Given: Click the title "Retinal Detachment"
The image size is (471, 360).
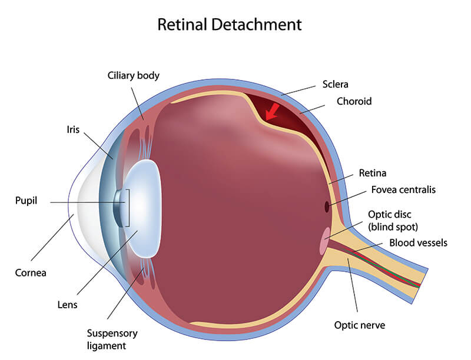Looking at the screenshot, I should (229, 25).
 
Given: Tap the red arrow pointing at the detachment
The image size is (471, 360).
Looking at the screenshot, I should (272, 111).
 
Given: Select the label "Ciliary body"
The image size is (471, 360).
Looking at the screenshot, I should (134, 76).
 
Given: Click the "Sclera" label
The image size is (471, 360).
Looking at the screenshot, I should (336, 84).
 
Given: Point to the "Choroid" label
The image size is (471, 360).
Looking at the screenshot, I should (354, 101).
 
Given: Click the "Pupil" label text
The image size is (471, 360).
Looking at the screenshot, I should (26, 201).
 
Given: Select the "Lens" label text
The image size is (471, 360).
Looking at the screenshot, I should (68, 305).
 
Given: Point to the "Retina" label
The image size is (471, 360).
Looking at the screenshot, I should (372, 174).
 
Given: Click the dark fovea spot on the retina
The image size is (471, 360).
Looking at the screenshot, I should (327, 206).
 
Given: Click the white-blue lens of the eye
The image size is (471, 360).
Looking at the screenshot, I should (144, 209).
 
